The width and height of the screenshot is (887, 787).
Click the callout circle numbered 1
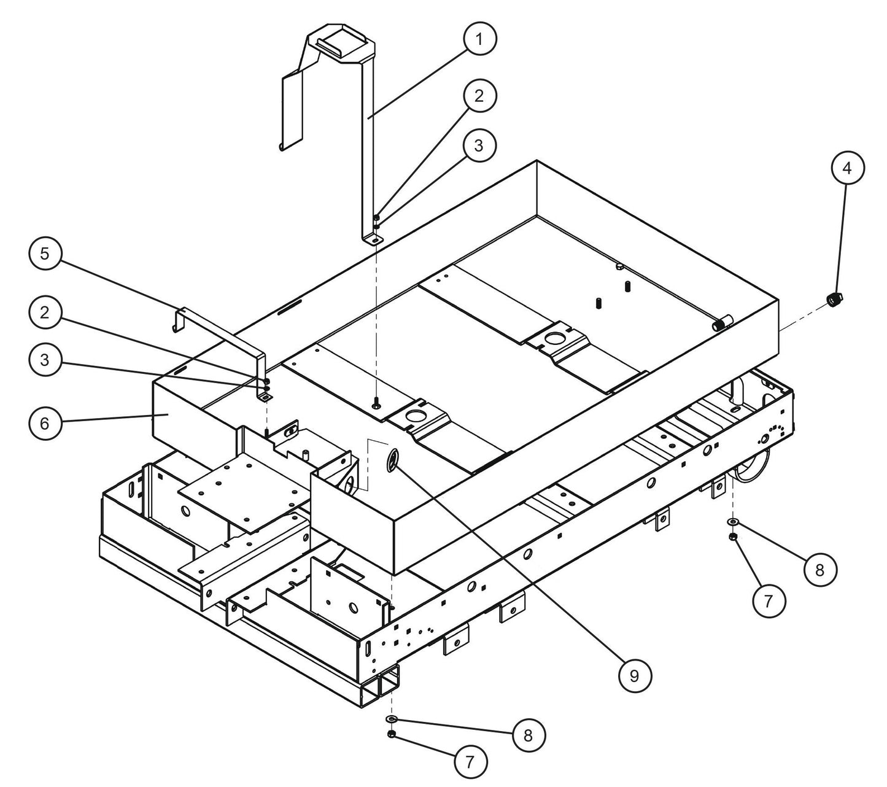click(479, 39)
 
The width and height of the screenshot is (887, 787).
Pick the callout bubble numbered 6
click(45, 423)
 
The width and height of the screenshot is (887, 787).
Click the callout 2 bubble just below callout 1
click(479, 96)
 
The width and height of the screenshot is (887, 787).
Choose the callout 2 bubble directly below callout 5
click(45, 312)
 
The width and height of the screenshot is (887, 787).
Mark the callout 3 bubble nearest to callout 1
click(479, 145)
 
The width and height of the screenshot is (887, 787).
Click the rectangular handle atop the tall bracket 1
click(341, 44)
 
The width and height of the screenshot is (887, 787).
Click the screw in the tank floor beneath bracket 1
click(376, 402)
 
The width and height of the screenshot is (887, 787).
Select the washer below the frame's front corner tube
click(392, 718)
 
